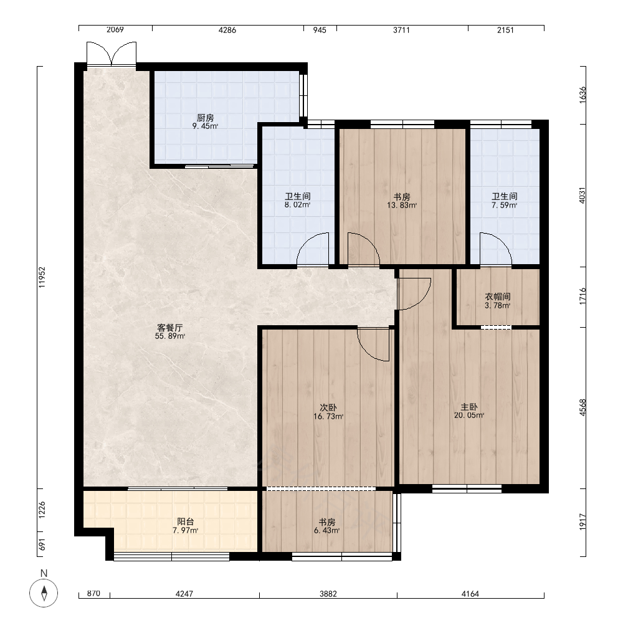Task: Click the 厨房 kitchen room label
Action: pyautogui.click(x=206, y=118)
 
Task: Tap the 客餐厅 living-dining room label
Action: pyautogui.click(x=170, y=328)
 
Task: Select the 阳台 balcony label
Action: pyautogui.click(x=186, y=521)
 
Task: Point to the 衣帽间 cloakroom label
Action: pyautogui.click(x=497, y=297)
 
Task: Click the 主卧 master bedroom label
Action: pyautogui.click(x=469, y=407)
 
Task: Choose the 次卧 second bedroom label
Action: pyautogui.click(x=328, y=407)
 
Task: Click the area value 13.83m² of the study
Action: pyautogui.click(x=402, y=206)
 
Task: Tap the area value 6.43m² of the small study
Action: pyautogui.click(x=326, y=530)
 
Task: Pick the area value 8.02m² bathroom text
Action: pyautogui.click(x=297, y=205)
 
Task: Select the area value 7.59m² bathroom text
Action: pyautogui.click(x=505, y=206)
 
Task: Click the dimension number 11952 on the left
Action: pyautogui.click(x=42, y=277)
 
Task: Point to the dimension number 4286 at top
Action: pyautogui.click(x=227, y=30)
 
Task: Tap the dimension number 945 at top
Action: pyautogui.click(x=320, y=30)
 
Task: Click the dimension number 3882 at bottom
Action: pyautogui.click(x=328, y=594)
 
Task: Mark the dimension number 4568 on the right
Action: pyautogui.click(x=583, y=407)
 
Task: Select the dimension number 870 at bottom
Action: pyautogui.click(x=93, y=594)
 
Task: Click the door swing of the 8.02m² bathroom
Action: pyautogui.click(x=313, y=249)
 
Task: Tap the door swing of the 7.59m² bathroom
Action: pyautogui.click(x=496, y=249)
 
